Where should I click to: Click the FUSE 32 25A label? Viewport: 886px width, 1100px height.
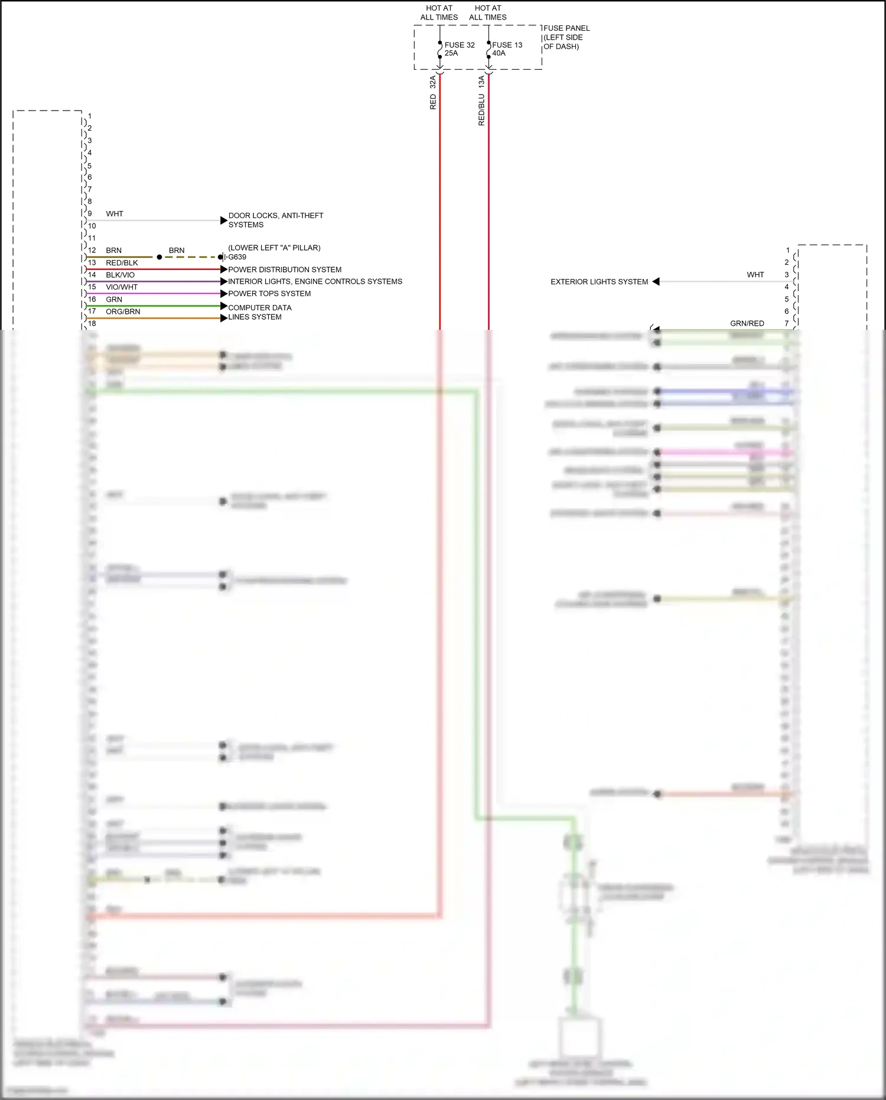click(x=459, y=49)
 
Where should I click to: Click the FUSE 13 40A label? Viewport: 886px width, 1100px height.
click(x=507, y=49)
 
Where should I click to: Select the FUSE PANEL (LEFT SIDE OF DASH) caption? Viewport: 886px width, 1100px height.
click(x=566, y=37)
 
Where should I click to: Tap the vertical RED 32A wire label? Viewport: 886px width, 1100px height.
click(x=433, y=93)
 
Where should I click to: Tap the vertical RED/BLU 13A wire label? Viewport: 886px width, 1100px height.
click(x=481, y=100)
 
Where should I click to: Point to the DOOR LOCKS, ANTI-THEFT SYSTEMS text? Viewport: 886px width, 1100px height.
click(x=275, y=220)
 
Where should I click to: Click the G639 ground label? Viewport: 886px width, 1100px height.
click(x=237, y=257)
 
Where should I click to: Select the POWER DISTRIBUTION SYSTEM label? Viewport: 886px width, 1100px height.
click(x=285, y=270)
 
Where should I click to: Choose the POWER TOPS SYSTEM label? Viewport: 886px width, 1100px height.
click(x=269, y=294)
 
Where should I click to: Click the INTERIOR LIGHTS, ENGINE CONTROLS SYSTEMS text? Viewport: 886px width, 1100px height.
click(x=315, y=281)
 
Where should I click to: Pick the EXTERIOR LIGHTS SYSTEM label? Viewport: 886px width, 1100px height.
click(x=599, y=282)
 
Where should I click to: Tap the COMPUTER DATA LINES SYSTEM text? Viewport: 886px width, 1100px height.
click(x=259, y=312)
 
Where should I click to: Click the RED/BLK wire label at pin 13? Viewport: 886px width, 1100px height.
click(x=122, y=263)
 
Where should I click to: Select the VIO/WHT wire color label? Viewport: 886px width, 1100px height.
click(x=122, y=287)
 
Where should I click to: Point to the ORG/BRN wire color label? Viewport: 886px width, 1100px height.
click(x=123, y=311)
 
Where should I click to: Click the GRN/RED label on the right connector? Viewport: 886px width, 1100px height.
click(x=747, y=323)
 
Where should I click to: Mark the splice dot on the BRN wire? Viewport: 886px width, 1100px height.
click(x=159, y=257)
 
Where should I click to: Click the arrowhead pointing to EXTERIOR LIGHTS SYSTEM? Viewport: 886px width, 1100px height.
click(x=656, y=281)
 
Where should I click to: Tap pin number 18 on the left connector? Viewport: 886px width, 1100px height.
click(x=92, y=324)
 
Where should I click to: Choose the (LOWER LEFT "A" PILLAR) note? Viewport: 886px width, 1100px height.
click(x=274, y=248)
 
